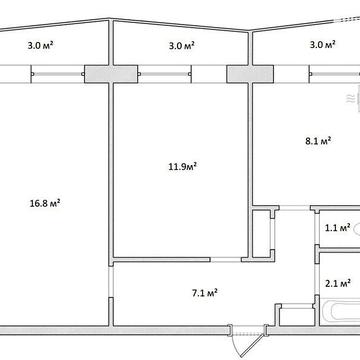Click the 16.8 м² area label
pyautogui.click(x=45, y=203)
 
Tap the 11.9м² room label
pyautogui.click(x=182, y=166)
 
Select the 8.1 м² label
pyautogui.click(x=318, y=140)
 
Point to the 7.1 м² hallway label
pyautogui.click(x=205, y=293)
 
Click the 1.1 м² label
pyautogui.click(x=337, y=228)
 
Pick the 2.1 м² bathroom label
pyautogui.click(x=337, y=284)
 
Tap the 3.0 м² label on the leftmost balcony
pyautogui.click(x=41, y=45)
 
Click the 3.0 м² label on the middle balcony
pyautogui.click(x=182, y=45)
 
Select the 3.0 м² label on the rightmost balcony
pyautogui.click(x=323, y=44)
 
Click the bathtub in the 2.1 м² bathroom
pyautogui.click(x=343, y=313)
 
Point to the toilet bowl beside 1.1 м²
pyautogui.click(x=357, y=229)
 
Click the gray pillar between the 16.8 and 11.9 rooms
pyautogui.click(x=111, y=74)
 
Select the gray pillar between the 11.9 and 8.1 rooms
pyautogui.click(x=250, y=74)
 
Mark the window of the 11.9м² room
pyautogui.click(x=165, y=74)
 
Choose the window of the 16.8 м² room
pyautogui.click(x=57, y=74)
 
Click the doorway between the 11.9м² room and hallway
pyautogui.click(x=226, y=259)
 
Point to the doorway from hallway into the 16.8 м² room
pyautogui.click(x=111, y=281)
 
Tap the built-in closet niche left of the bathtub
pyautogui.click(x=297, y=314)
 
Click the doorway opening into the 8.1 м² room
pyautogui.click(x=295, y=208)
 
